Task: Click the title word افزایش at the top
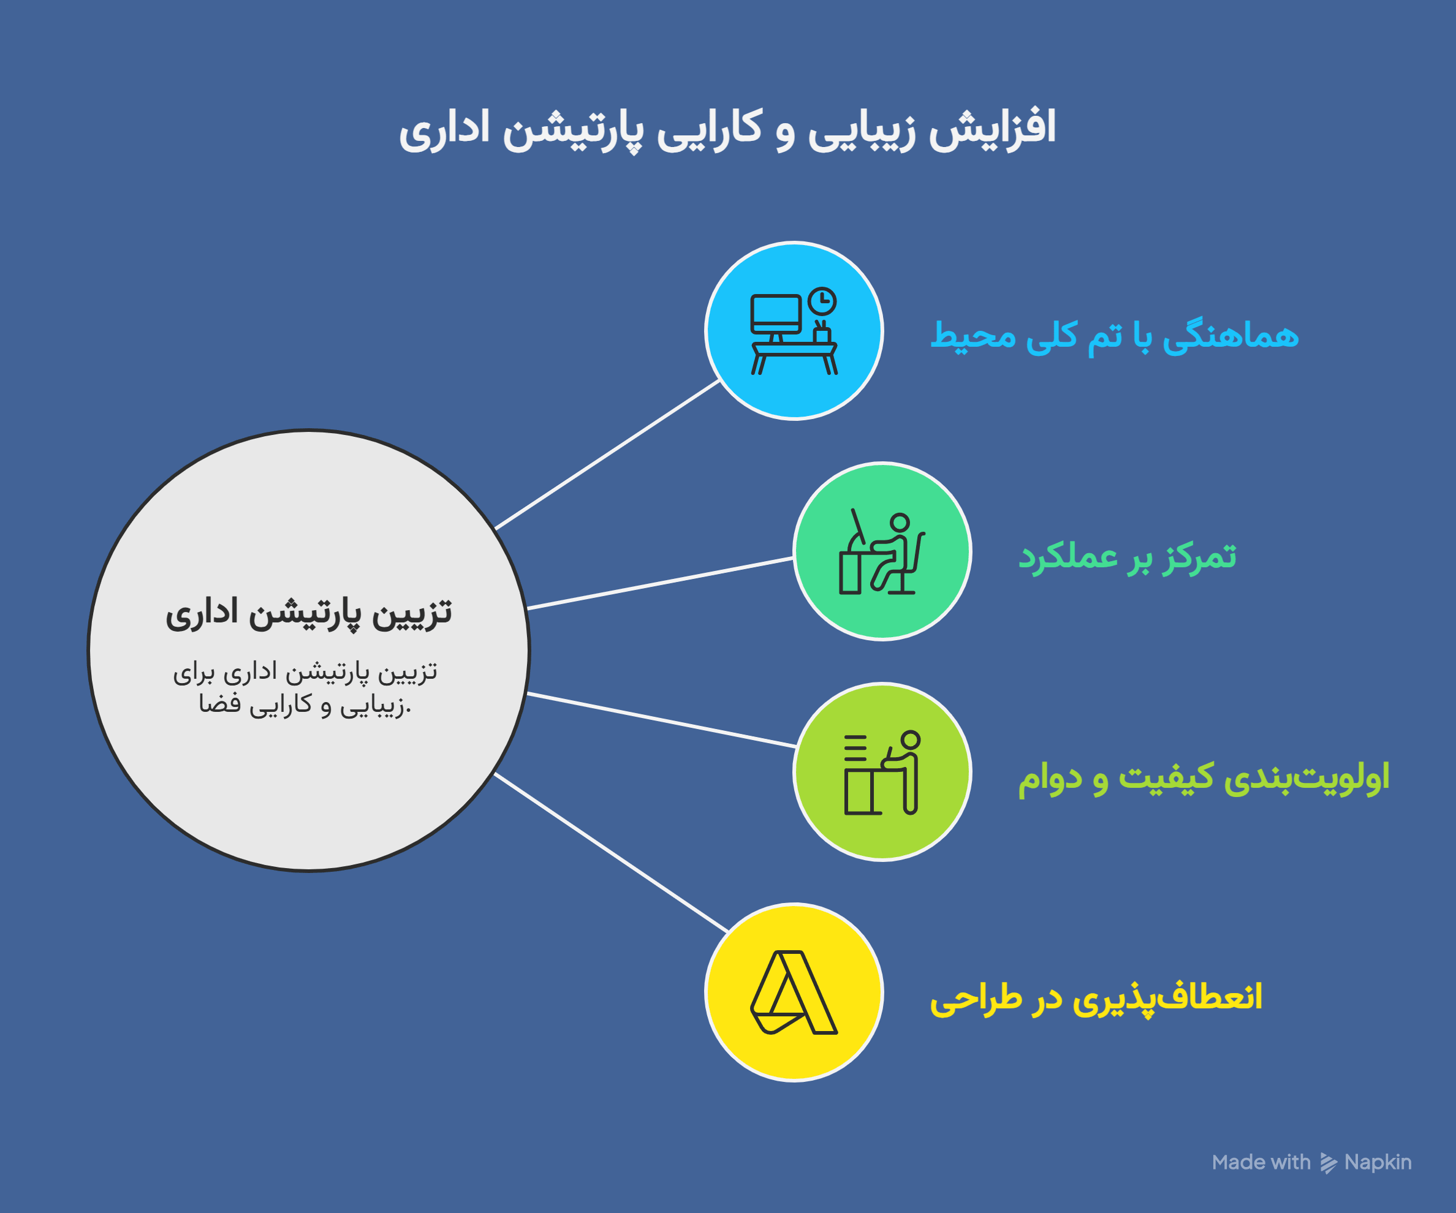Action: coord(992,130)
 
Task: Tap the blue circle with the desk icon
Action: coord(794,331)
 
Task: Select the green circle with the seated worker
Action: coord(882,551)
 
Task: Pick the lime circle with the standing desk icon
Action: coord(882,771)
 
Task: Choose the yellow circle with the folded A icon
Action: coord(794,992)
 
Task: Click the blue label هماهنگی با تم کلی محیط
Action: coord(1114,336)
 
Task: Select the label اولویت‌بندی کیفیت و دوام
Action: coord(1204,777)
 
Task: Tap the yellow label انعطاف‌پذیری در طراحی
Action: coord(1096,998)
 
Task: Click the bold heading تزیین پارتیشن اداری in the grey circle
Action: coord(308,613)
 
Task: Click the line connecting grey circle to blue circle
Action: coord(607,455)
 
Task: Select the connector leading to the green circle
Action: coord(660,583)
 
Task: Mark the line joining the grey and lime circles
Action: coord(661,719)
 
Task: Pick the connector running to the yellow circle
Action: coord(611,853)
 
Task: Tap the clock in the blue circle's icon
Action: coord(822,301)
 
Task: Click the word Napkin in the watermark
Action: coord(1378,1162)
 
